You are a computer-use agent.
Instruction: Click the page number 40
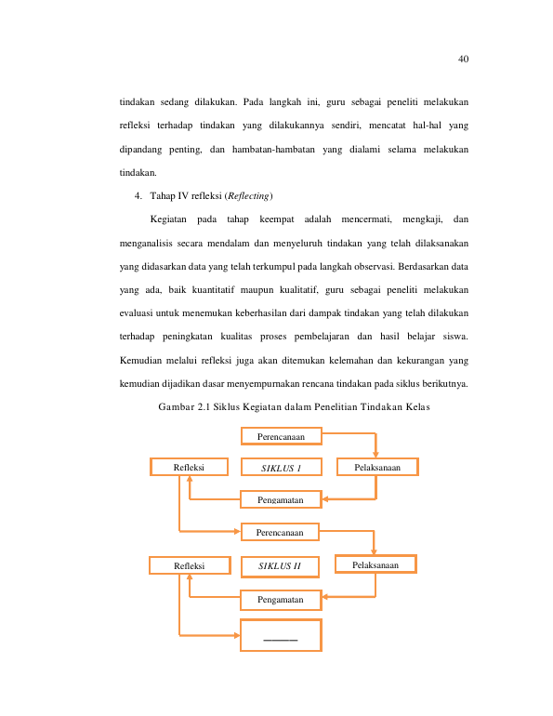click(463, 59)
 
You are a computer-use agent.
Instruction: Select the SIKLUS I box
click(282, 467)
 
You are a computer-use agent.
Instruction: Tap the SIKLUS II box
click(280, 566)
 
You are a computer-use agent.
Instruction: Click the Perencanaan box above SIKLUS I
click(282, 436)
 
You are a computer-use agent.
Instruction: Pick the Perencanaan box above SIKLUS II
click(280, 532)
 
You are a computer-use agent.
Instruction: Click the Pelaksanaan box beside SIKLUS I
click(377, 467)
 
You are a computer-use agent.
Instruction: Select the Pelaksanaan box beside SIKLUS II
click(375, 564)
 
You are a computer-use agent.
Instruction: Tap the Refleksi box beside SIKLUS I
click(189, 467)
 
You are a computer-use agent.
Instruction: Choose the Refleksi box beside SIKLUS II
click(190, 565)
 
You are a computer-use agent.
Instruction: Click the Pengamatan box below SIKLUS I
click(281, 499)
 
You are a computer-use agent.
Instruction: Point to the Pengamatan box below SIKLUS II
click(281, 600)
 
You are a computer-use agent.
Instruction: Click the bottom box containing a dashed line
click(281, 635)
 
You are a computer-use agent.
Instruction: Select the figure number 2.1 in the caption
click(204, 407)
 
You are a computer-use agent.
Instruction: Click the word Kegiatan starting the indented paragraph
click(168, 219)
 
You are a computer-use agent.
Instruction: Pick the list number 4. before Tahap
click(138, 196)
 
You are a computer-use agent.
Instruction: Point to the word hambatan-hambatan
click(273, 150)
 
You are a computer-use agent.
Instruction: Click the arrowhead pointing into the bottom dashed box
click(237, 635)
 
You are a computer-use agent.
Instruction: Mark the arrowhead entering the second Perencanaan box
click(237, 531)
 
